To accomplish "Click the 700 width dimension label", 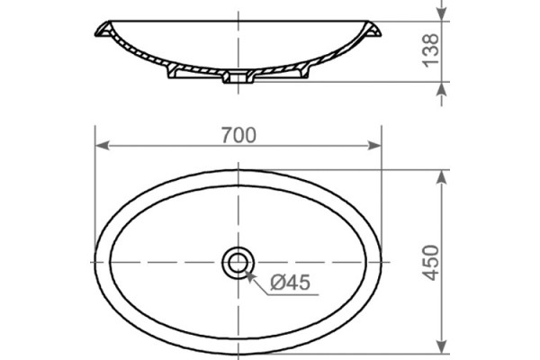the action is click(238, 135).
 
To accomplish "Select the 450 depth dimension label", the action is click(431, 263).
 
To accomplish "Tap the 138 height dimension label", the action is click(431, 50).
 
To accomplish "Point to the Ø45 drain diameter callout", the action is click(291, 283).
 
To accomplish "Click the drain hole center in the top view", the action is click(238, 264).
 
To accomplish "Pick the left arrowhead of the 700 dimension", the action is click(102, 146).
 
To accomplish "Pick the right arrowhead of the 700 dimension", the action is click(374, 146).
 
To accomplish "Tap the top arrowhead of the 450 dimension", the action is click(442, 177).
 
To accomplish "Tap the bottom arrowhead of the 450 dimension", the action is click(442, 346).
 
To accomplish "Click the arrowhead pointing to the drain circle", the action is click(251, 275).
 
